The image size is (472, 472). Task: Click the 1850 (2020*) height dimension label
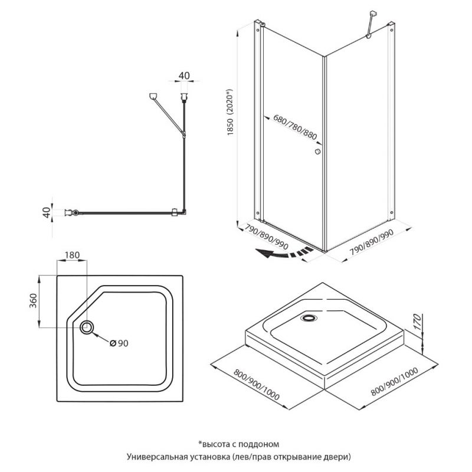click(230, 112)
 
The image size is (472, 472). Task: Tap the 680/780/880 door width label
click(295, 127)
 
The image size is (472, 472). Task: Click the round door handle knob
click(317, 152)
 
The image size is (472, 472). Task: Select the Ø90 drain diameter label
click(119, 343)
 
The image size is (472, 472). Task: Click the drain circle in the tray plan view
click(87, 327)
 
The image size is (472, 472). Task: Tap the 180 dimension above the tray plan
click(72, 255)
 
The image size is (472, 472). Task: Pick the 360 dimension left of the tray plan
click(33, 300)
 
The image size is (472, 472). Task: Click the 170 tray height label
click(417, 322)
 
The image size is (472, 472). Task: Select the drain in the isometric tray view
click(309, 317)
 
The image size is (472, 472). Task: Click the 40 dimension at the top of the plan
click(184, 76)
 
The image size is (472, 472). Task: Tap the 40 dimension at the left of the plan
click(47, 212)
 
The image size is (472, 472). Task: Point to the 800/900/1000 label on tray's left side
click(257, 385)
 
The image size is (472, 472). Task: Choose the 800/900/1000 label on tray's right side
click(394, 381)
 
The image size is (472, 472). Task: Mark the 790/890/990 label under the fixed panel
click(372, 242)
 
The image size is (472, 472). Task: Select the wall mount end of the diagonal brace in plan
click(153, 96)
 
